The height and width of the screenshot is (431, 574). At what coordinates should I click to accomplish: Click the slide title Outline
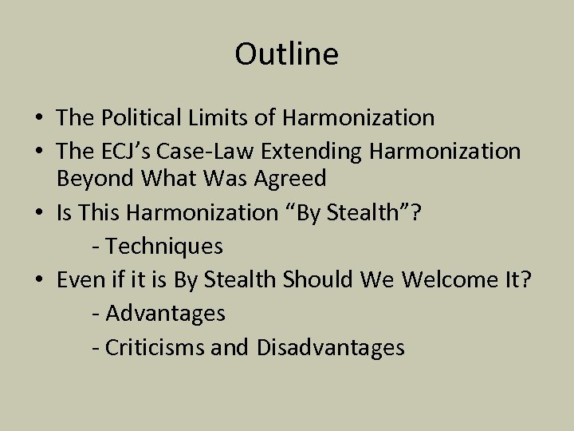286,54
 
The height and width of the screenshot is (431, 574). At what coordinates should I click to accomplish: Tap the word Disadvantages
330,348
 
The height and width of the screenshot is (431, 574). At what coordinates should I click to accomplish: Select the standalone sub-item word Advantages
165,314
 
